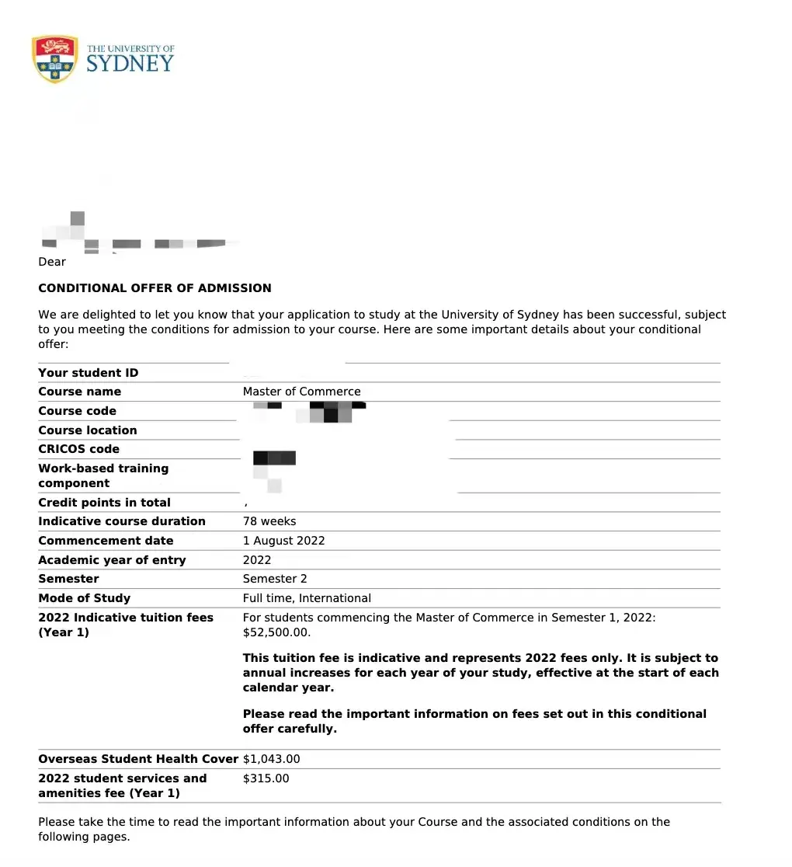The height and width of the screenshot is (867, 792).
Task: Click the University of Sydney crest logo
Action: pos(54,58)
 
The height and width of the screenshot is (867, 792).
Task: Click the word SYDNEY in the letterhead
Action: pos(130,64)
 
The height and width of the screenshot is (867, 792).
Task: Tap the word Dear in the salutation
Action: pos(52,262)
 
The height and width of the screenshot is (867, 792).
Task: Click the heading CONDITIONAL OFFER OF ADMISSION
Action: pos(155,288)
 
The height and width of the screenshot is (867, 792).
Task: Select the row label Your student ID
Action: pos(88,373)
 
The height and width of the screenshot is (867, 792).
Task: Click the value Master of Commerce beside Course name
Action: pos(301,392)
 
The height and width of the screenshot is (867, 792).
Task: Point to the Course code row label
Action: pos(77,411)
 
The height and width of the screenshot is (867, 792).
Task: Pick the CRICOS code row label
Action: pos(78,449)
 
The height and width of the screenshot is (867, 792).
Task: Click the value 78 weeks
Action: pos(269,521)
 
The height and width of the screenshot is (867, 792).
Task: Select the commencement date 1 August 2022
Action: pos(283,541)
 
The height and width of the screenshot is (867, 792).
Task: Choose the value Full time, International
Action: pos(307,598)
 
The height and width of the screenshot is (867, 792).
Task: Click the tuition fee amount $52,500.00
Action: pos(276,632)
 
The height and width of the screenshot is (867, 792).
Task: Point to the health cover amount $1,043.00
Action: pos(271,759)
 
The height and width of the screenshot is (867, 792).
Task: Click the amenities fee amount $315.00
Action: pos(266,778)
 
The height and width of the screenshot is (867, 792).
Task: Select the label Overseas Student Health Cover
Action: pos(137,759)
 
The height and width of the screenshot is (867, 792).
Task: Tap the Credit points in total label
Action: pos(104,503)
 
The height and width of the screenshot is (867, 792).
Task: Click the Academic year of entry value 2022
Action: pos(257,560)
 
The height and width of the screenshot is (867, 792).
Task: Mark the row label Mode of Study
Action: pos(84,598)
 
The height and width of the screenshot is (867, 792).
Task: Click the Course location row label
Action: pos(87,430)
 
